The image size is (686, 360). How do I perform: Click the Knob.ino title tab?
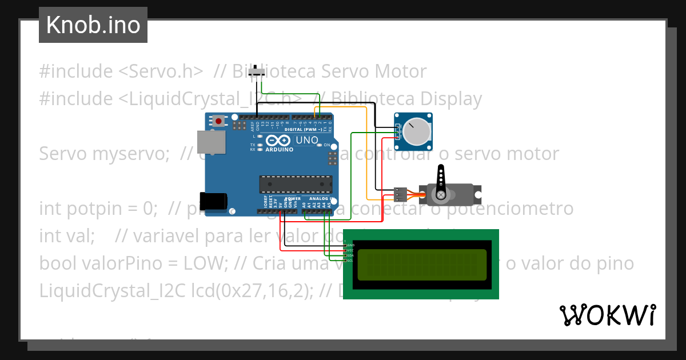[x=93, y=25]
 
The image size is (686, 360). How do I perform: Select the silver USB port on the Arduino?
[x=208, y=142]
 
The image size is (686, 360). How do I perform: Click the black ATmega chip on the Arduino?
[x=296, y=184]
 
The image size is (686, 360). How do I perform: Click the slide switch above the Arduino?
[x=261, y=73]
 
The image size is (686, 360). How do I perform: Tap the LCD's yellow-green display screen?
[x=422, y=265]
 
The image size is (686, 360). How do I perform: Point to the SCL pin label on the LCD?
[x=350, y=261]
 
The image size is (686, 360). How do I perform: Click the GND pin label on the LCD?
[x=350, y=245]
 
